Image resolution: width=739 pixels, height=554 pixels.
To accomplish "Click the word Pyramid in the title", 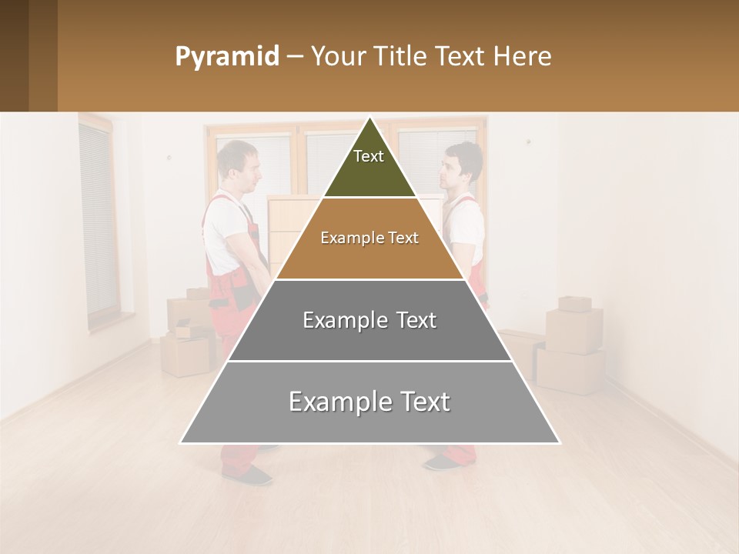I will [x=227, y=56].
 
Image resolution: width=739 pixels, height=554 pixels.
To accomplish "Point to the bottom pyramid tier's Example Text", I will [x=369, y=402].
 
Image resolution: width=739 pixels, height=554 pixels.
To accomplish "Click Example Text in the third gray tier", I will [x=369, y=320].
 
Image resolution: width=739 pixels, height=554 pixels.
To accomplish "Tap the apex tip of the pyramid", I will [x=370, y=119].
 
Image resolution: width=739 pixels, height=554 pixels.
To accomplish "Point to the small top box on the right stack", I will [x=574, y=303].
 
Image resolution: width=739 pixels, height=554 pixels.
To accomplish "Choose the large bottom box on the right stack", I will [x=570, y=371].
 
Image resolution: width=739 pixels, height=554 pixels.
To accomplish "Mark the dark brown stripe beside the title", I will [x=42, y=55].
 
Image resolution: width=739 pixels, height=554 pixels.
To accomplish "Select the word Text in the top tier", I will [x=369, y=156].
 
